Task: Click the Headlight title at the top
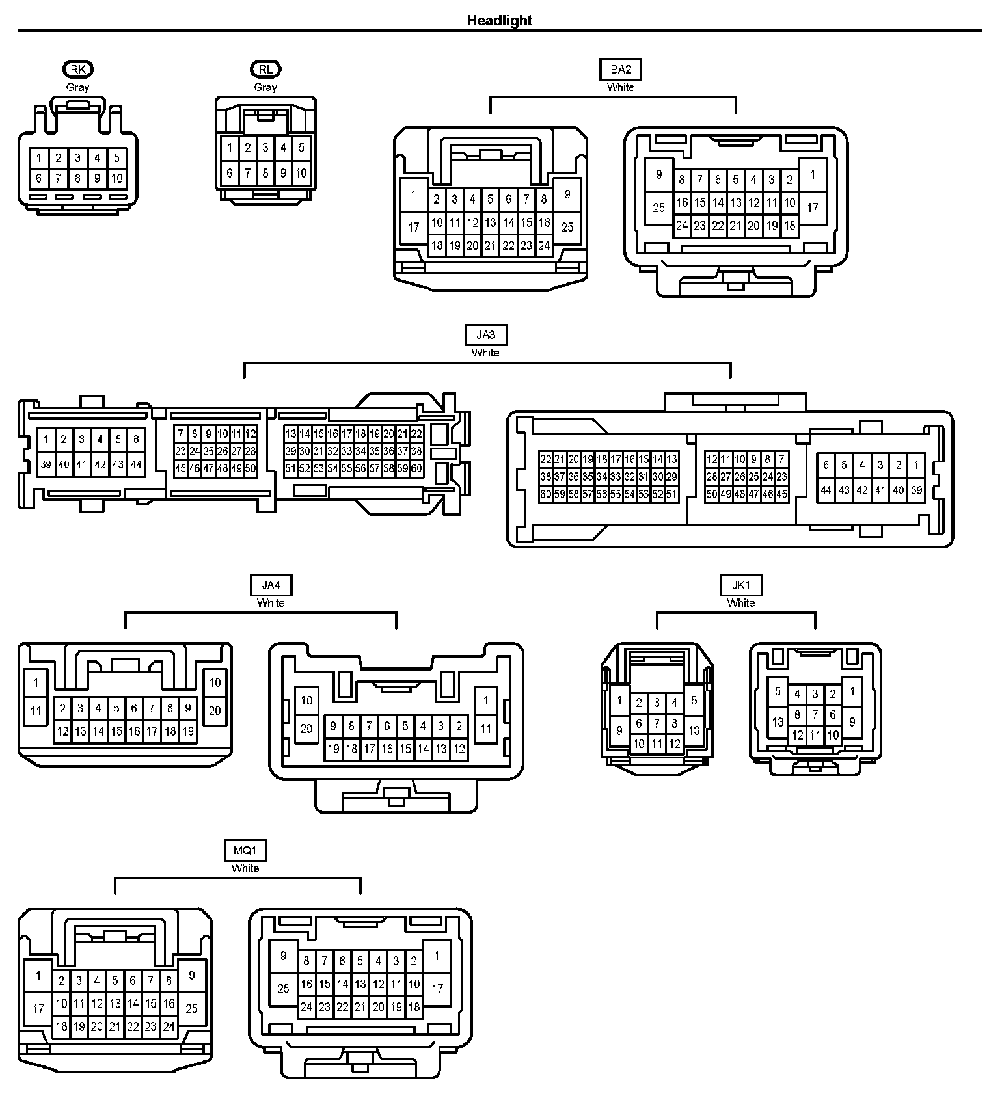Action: [499, 20]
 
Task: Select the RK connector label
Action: [78, 69]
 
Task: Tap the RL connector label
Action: [265, 69]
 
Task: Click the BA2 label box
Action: [621, 69]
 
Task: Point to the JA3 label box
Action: [485, 334]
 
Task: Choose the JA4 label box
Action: [271, 585]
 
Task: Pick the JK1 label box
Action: [740, 585]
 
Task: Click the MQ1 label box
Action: [245, 850]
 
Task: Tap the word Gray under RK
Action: [78, 87]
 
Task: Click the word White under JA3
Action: [485, 353]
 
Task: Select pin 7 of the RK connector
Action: [58, 178]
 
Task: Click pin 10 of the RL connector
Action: [301, 173]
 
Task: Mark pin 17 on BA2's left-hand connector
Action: [414, 227]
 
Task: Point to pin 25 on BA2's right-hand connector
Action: [659, 208]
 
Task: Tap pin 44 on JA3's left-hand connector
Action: [136, 464]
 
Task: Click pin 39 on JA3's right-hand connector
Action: [916, 490]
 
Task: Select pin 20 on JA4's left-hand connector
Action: [215, 711]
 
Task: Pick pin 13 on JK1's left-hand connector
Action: [694, 730]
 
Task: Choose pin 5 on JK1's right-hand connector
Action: [778, 691]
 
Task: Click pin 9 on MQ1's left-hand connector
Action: [191, 975]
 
